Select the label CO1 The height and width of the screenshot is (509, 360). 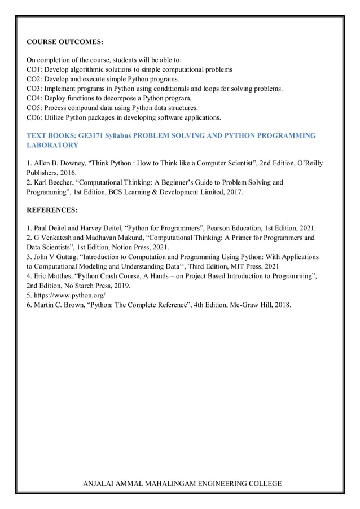33,69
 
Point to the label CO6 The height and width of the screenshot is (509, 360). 33,117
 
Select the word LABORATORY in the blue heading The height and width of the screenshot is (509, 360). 52,145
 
